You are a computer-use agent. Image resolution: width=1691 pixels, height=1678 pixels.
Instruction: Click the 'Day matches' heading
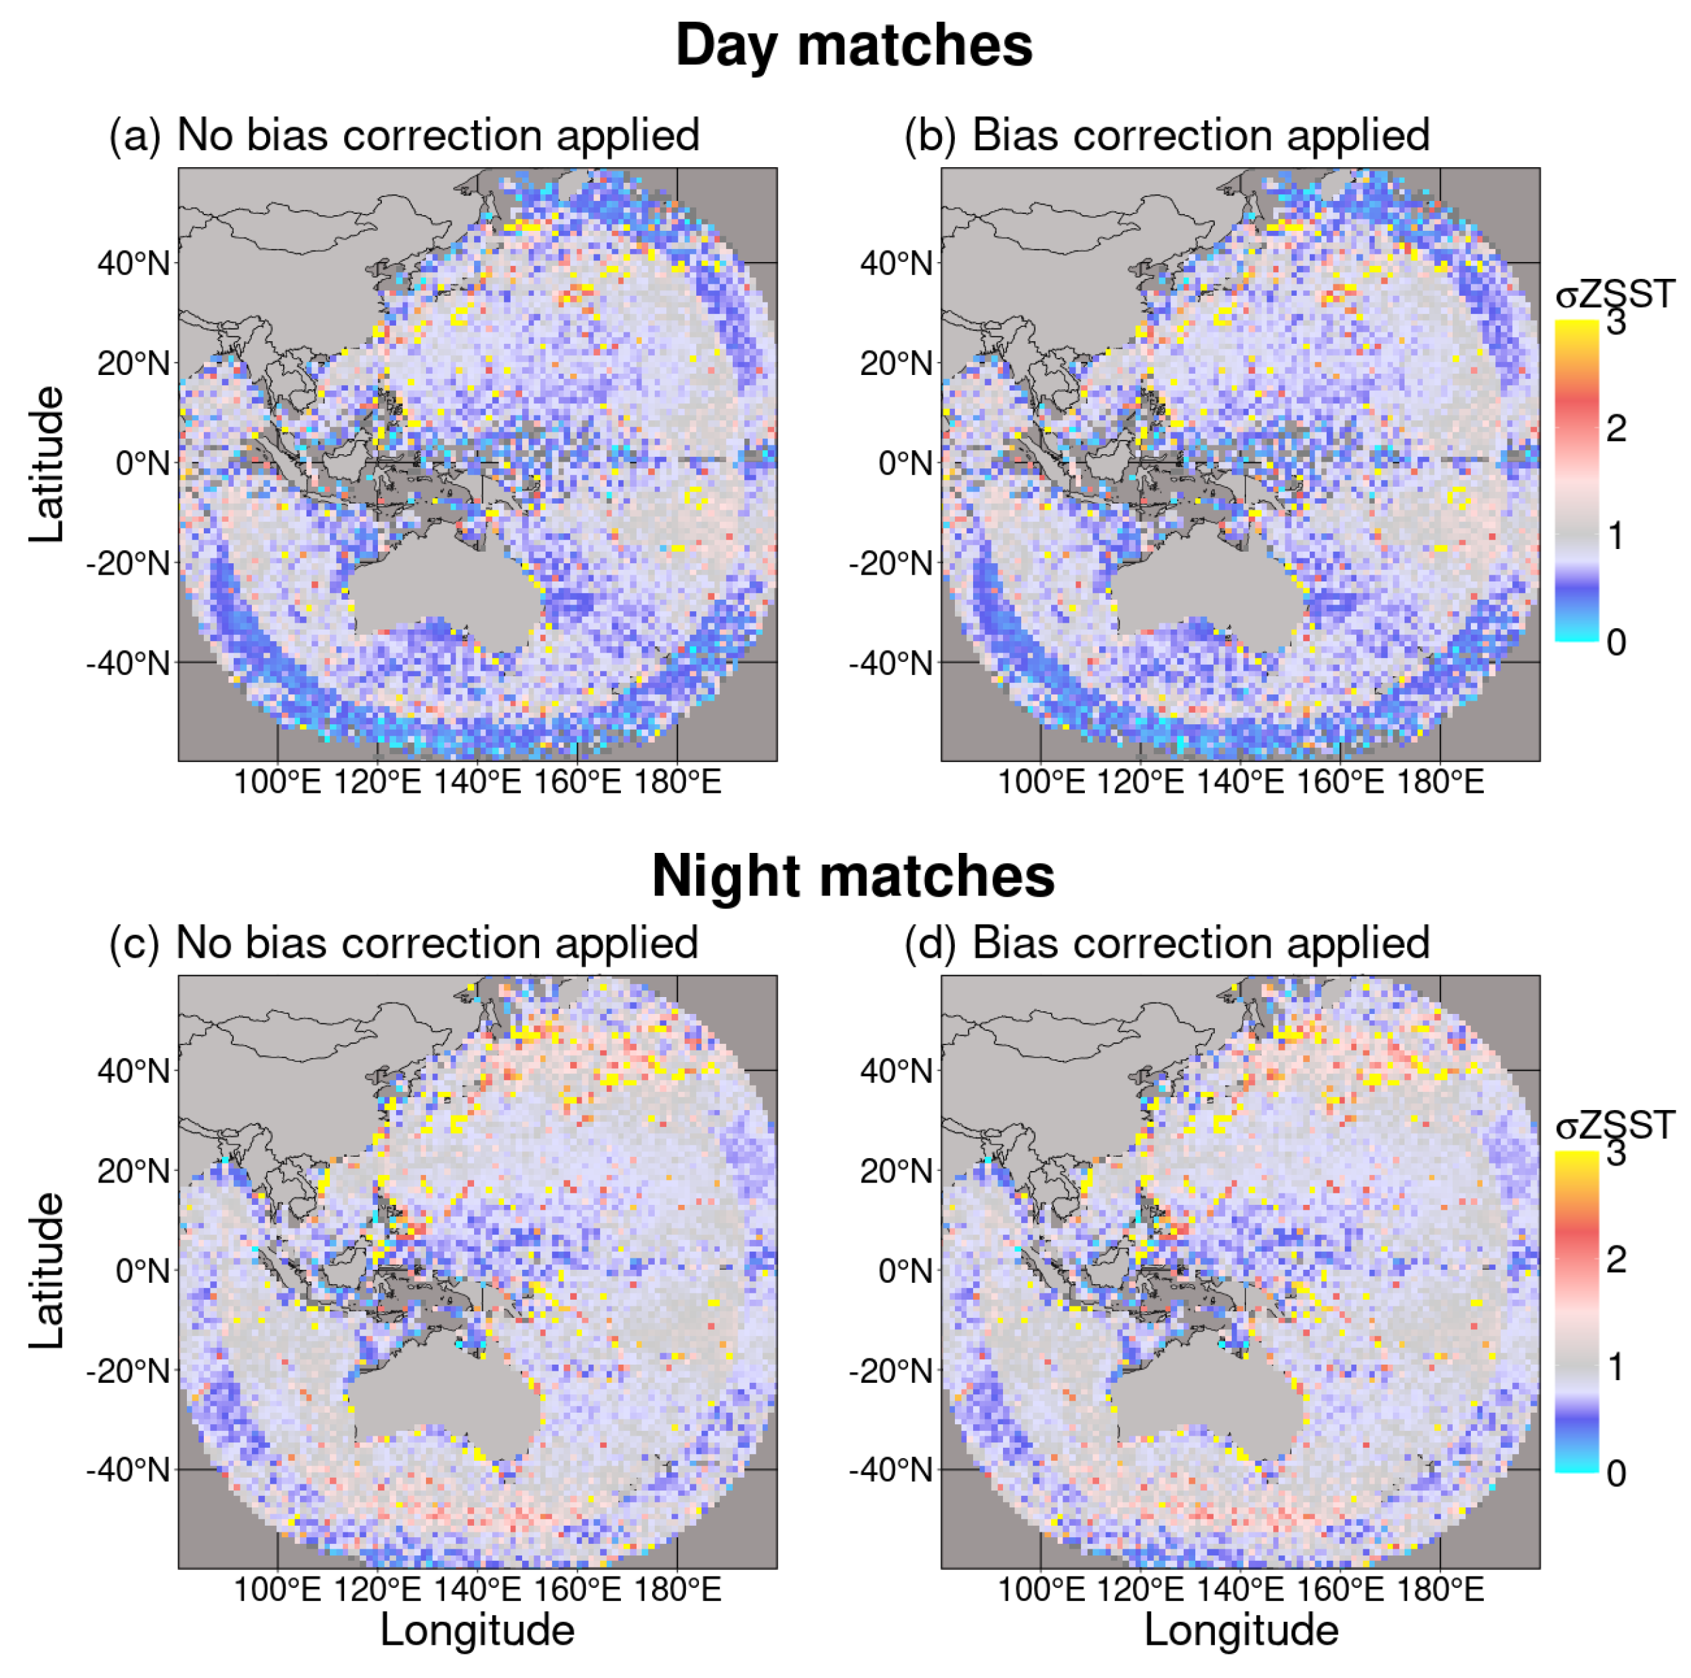(x=853, y=45)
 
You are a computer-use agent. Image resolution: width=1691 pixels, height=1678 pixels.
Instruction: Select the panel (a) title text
(x=404, y=135)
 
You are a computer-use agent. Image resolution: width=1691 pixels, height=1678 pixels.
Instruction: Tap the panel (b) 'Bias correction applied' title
(x=1167, y=135)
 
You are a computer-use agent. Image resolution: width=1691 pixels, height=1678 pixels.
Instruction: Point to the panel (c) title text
(x=404, y=943)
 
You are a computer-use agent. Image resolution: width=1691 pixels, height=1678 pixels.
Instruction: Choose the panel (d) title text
(x=1167, y=943)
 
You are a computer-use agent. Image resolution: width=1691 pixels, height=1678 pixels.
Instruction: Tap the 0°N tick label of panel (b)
(x=905, y=463)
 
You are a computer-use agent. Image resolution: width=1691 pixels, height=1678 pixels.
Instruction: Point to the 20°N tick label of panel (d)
(x=896, y=1170)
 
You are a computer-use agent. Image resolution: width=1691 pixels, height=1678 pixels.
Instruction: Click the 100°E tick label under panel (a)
(x=278, y=781)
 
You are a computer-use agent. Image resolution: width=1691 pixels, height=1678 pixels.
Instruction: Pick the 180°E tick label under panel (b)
(x=1440, y=781)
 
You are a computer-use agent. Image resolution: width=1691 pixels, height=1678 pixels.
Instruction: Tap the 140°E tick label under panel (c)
(x=477, y=1589)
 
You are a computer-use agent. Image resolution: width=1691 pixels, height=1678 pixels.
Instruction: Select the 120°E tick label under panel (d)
(x=1140, y=1589)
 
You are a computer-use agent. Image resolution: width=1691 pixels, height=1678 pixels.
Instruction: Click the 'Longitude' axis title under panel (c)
(x=477, y=1630)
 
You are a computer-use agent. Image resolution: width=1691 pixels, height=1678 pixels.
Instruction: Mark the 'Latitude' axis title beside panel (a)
(x=46, y=464)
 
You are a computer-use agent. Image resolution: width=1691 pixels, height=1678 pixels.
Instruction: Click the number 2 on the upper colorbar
(x=1616, y=428)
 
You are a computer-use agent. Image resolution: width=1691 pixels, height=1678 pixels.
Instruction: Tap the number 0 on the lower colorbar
(x=1616, y=1474)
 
